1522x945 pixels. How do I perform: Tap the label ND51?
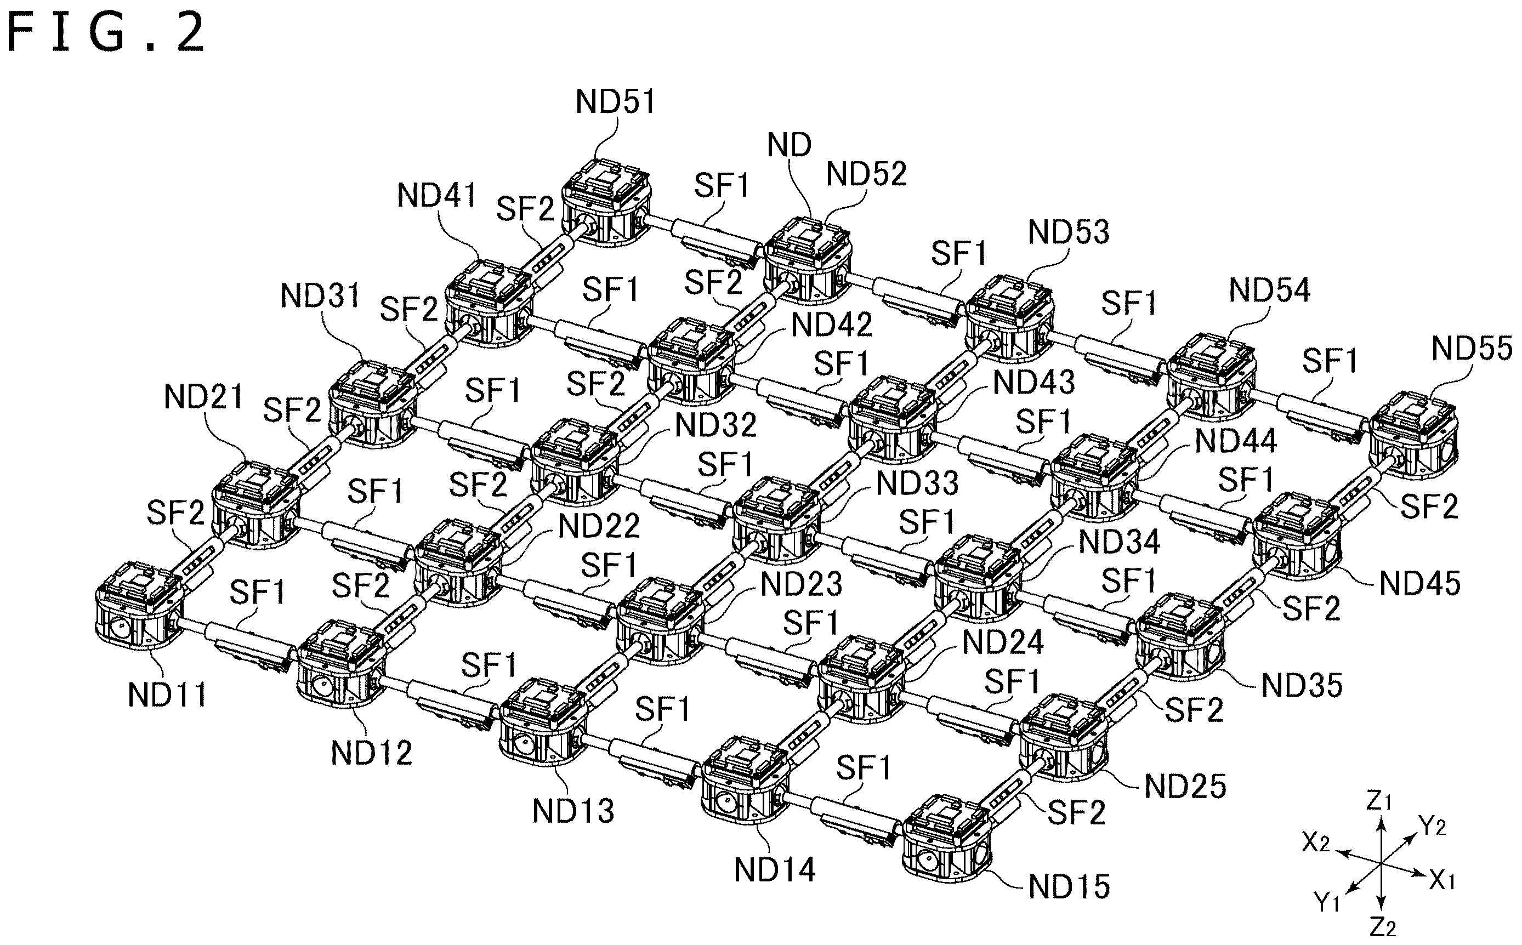coord(615,102)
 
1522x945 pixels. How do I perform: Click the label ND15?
coord(1069,887)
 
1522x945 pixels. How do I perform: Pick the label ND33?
coord(917,483)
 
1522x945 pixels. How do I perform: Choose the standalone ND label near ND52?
coord(789,146)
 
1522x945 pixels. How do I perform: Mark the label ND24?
coord(1003,642)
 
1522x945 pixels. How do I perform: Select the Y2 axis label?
coord(1433,827)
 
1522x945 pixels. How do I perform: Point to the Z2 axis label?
coord(1383,927)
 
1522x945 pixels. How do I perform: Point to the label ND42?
coord(831,325)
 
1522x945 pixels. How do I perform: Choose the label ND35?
coord(1302,686)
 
